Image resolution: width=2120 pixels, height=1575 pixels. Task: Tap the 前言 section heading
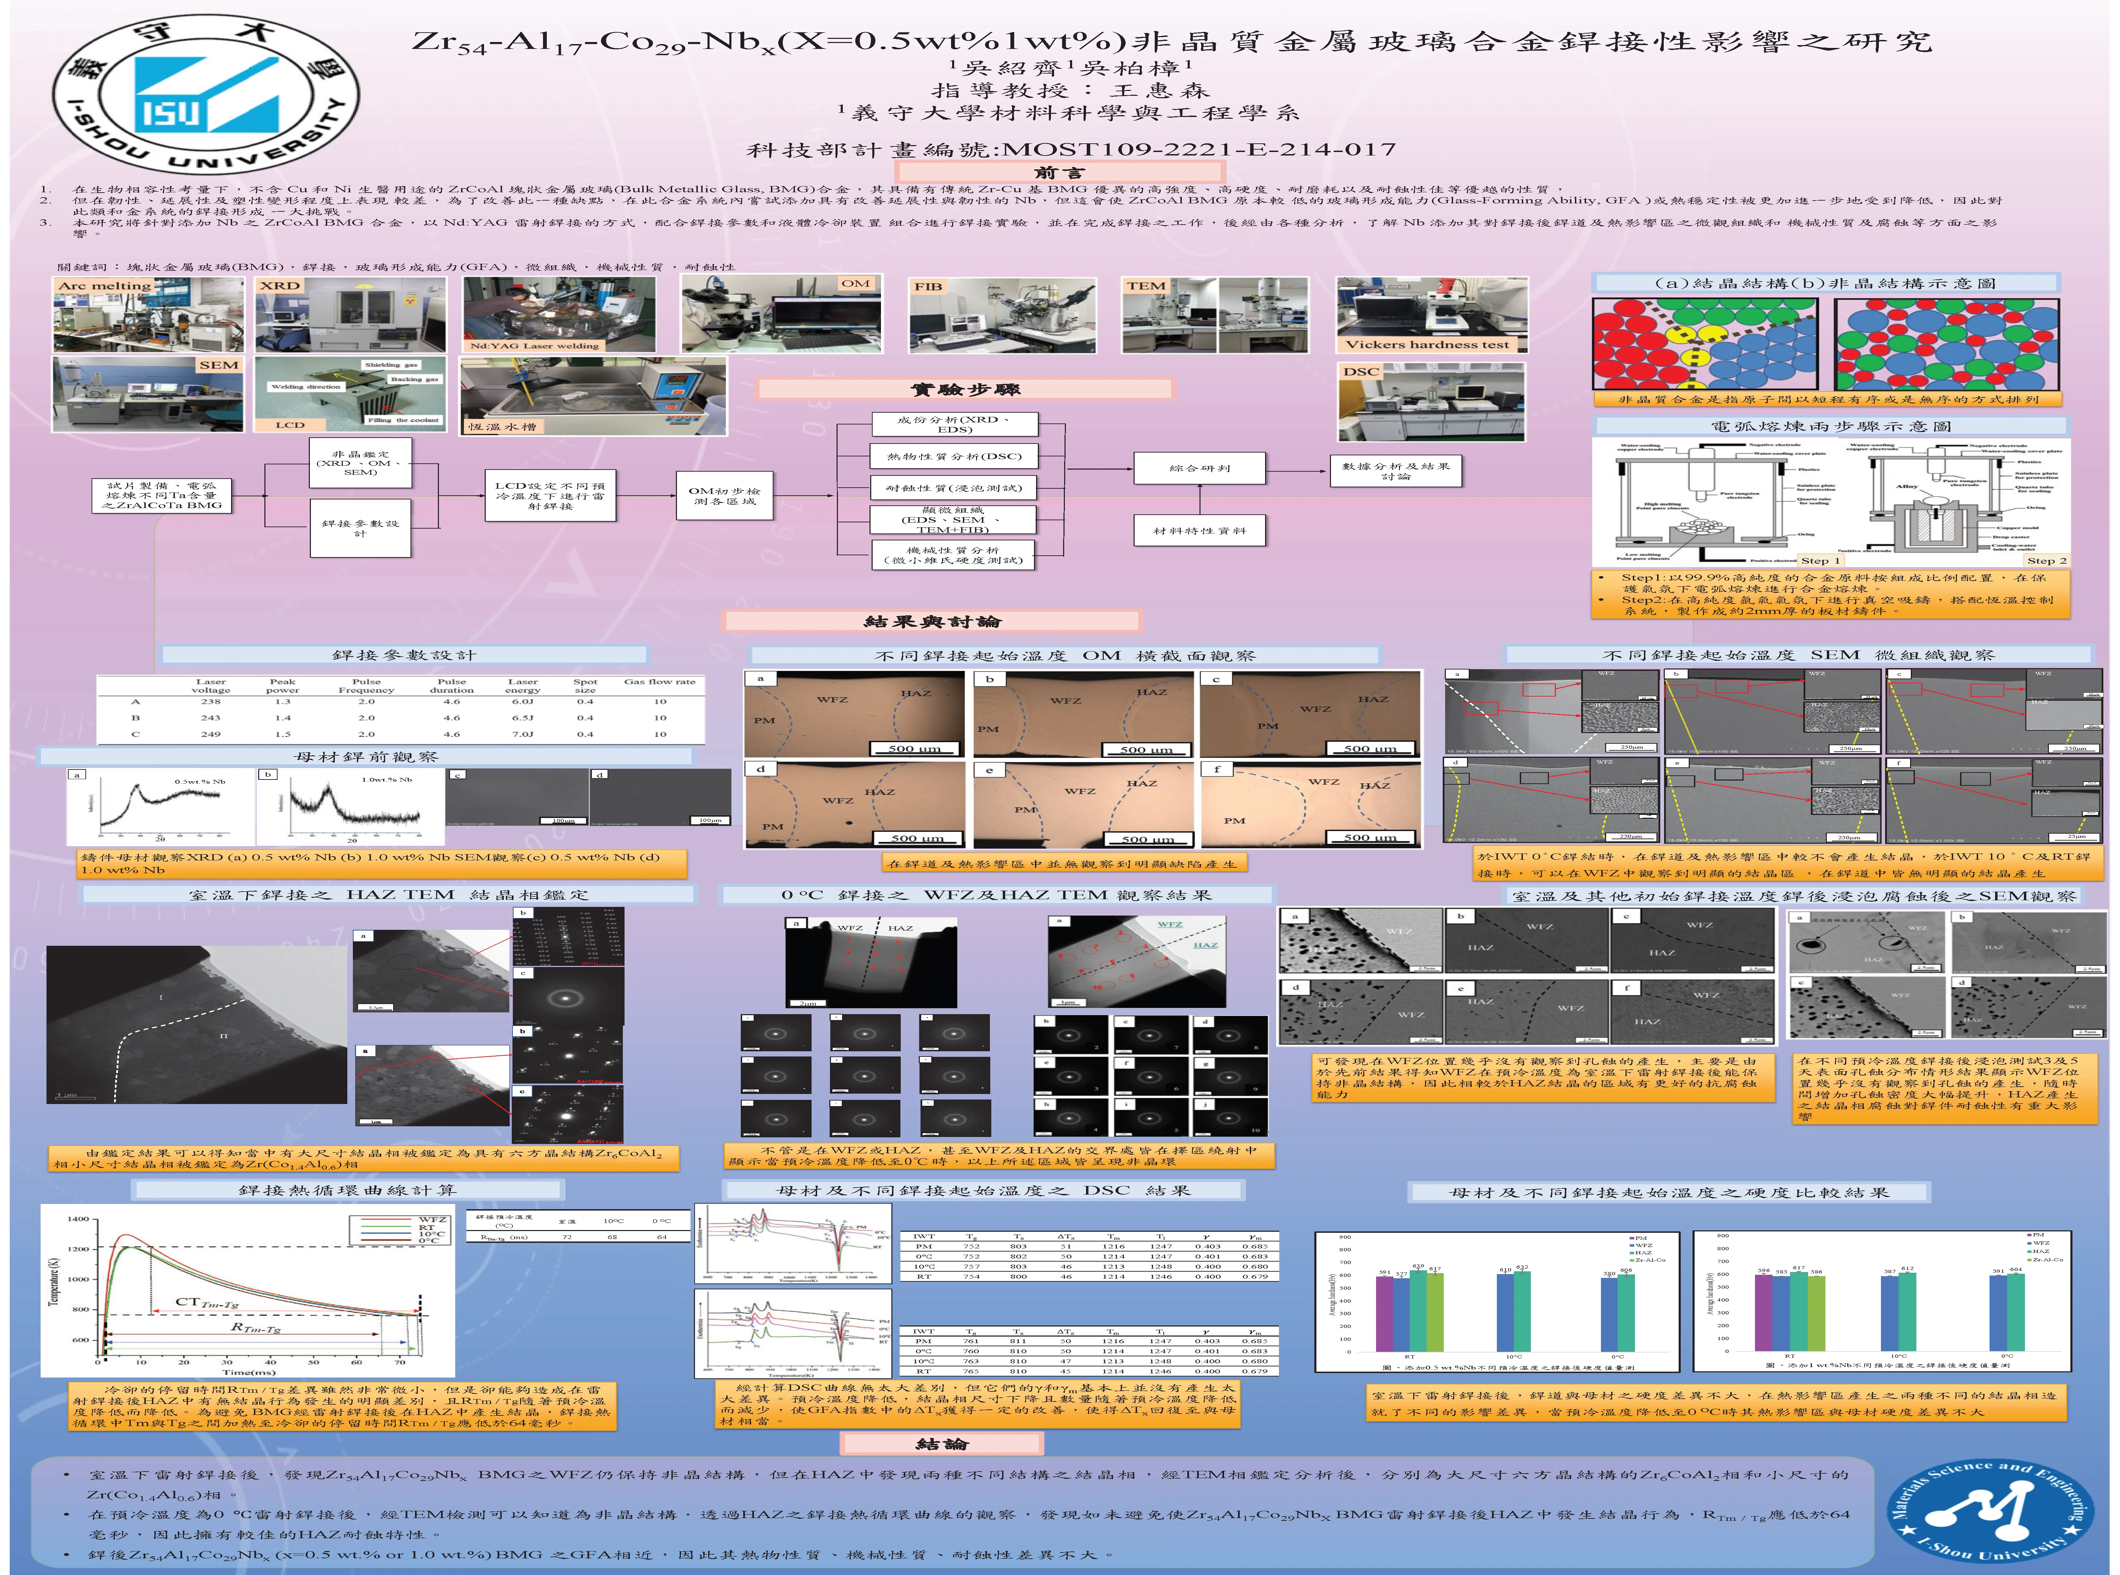(x=1058, y=172)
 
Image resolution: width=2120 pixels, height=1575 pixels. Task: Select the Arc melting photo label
(x=105, y=285)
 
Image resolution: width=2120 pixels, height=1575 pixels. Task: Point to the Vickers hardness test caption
(x=1427, y=344)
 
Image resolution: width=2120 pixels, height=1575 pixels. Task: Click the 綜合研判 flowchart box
(x=1199, y=468)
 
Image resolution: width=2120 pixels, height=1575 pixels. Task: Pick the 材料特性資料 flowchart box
(x=1199, y=530)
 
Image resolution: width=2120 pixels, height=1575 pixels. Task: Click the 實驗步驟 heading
(x=965, y=389)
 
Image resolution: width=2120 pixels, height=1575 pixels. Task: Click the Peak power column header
(x=282, y=685)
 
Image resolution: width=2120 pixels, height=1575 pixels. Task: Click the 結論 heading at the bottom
(x=942, y=1443)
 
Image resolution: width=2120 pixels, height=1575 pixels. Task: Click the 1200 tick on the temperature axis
(x=78, y=1248)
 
